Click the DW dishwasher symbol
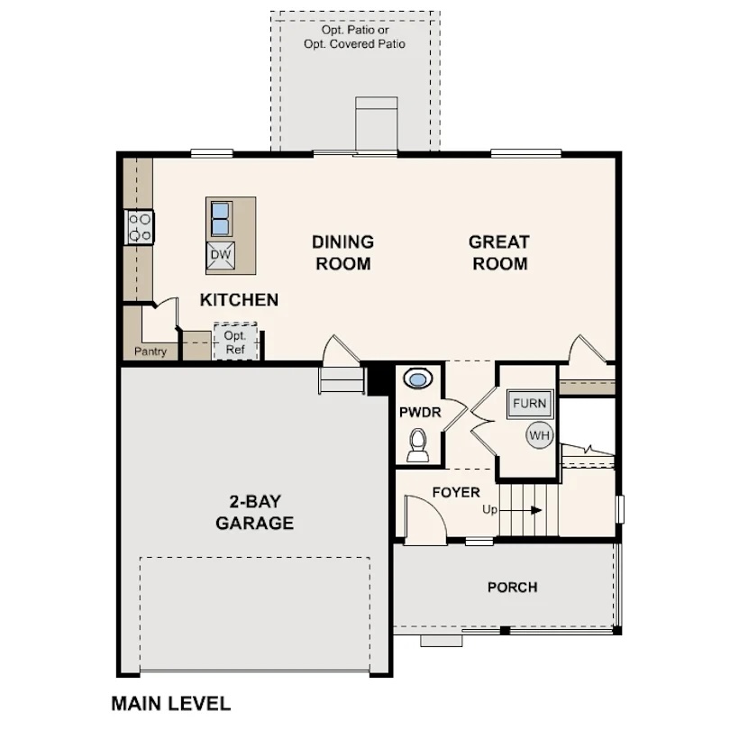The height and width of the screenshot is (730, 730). pyautogui.click(x=221, y=255)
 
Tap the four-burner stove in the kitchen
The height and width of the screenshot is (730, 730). pyautogui.click(x=140, y=227)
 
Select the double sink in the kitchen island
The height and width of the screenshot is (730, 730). pyautogui.click(x=221, y=218)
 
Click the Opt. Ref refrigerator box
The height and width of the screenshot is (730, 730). pyautogui.click(x=235, y=342)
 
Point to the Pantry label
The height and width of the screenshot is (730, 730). pyautogui.click(x=151, y=351)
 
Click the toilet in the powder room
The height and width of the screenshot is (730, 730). pyautogui.click(x=418, y=445)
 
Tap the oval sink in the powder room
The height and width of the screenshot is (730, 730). pyautogui.click(x=418, y=379)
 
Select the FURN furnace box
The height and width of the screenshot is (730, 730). pyautogui.click(x=530, y=403)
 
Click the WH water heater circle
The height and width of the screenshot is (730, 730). pyautogui.click(x=540, y=436)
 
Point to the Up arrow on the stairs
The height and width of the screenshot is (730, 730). pyautogui.click(x=521, y=510)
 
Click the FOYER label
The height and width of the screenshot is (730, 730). pyautogui.click(x=456, y=493)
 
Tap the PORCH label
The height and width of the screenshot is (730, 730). pyautogui.click(x=513, y=588)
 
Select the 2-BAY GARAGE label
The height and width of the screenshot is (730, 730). pyautogui.click(x=255, y=512)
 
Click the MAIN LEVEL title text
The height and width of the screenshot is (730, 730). pyautogui.click(x=171, y=704)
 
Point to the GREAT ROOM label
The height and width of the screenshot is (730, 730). pyautogui.click(x=499, y=253)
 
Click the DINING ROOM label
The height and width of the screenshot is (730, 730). pyautogui.click(x=343, y=253)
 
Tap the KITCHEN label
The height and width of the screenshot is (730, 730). pyautogui.click(x=240, y=300)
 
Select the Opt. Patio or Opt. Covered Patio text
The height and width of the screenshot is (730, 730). pyautogui.click(x=355, y=37)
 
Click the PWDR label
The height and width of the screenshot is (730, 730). pyautogui.click(x=420, y=413)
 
